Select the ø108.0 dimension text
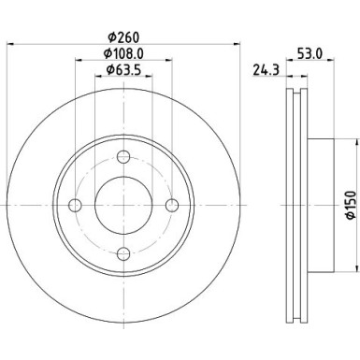click(x=122, y=54)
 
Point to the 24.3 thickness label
click(x=266, y=68)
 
